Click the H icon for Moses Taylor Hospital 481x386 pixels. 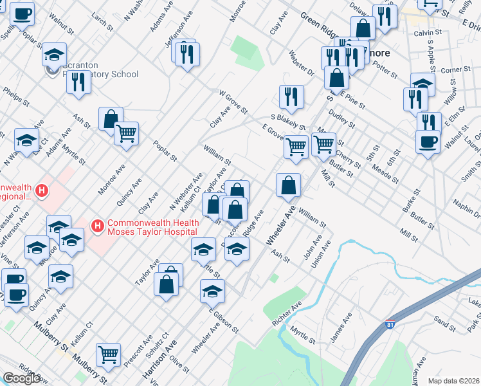pos(98,226)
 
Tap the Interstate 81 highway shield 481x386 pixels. pos(390,326)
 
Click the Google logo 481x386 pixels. pos(21,378)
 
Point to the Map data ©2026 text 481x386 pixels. pos(454,381)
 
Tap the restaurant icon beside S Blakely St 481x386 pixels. pos(292,96)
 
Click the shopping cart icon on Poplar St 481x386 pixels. pos(126,133)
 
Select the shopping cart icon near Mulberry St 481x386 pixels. pos(108,354)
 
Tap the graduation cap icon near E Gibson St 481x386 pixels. pos(212,291)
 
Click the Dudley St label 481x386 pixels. pos(342,117)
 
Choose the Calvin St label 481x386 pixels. pos(428,32)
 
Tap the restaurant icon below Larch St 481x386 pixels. pos(78,82)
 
